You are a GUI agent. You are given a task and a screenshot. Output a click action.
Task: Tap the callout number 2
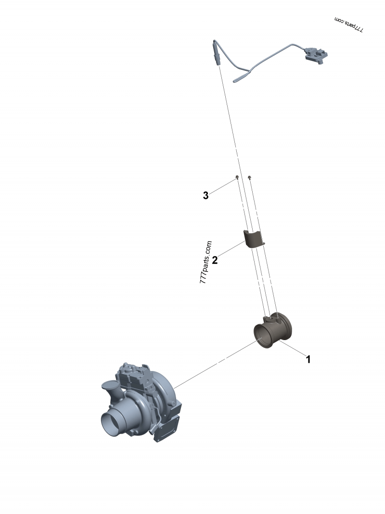(x=215, y=260)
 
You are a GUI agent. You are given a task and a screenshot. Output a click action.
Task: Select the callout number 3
(x=205, y=196)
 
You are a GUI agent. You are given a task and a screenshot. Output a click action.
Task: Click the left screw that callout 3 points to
(x=237, y=178)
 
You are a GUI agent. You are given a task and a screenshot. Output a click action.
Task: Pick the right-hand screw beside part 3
(x=249, y=178)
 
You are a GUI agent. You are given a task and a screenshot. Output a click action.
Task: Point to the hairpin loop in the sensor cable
(x=239, y=78)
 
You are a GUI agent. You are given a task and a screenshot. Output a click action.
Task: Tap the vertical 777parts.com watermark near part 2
(x=205, y=262)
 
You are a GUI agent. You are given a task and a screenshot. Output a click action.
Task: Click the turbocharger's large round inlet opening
(x=113, y=424)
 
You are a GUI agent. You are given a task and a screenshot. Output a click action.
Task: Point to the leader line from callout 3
(x=222, y=186)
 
